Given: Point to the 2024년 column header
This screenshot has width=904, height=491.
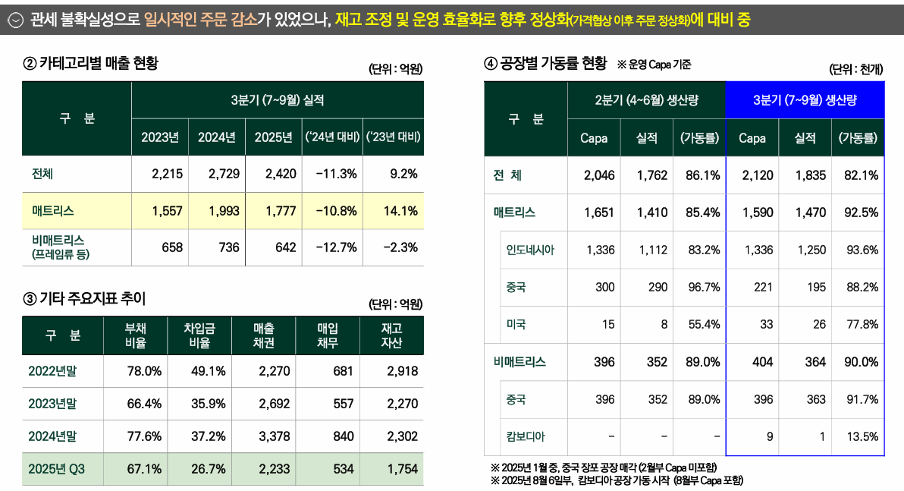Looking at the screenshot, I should (217, 137).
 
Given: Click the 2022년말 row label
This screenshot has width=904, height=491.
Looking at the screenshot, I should (52, 371).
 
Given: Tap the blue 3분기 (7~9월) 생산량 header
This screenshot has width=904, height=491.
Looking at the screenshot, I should (805, 100).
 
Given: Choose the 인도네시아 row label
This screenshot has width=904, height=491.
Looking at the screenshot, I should (530, 250).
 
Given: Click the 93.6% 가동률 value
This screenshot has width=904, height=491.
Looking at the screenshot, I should (860, 250).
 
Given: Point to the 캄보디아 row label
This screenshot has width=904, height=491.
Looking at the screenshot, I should (526, 436).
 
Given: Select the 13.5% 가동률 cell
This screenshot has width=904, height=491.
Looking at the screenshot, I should (860, 436).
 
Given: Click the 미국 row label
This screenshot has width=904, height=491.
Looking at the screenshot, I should (516, 324).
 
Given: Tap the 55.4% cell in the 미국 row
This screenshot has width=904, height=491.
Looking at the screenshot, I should (702, 324).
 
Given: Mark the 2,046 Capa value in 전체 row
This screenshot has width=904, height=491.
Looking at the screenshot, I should (598, 175).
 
